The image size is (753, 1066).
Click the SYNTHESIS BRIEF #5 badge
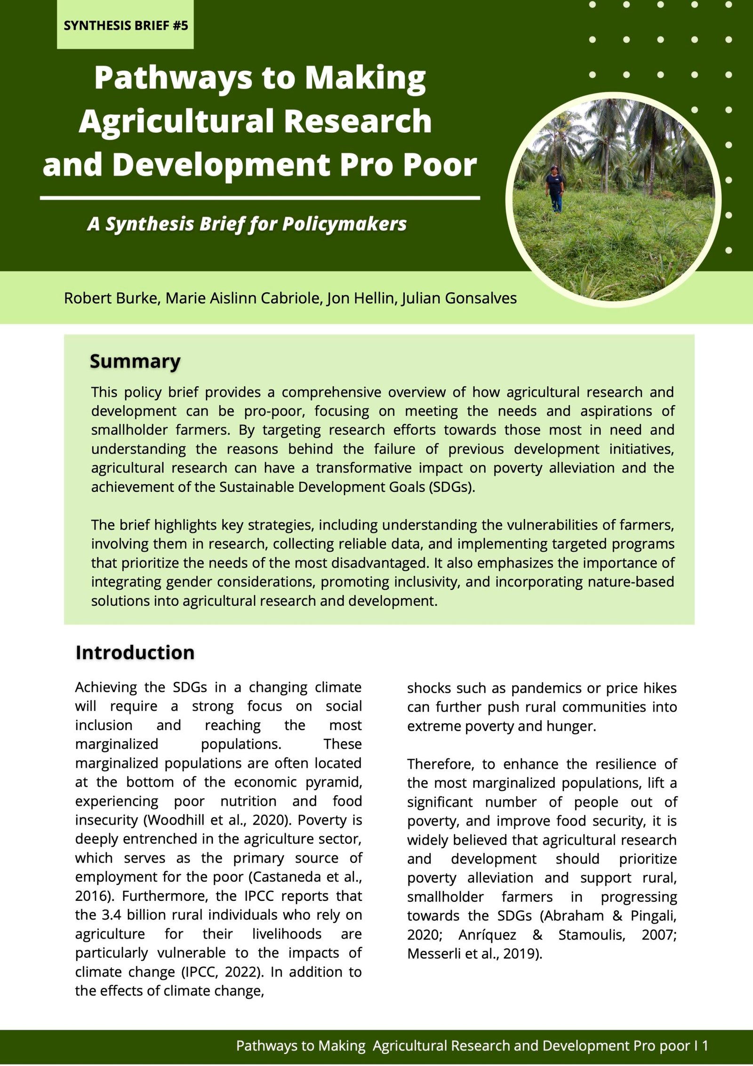click(x=125, y=25)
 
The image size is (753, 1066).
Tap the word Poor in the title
click(x=440, y=165)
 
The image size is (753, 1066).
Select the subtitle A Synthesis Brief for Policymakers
click(x=247, y=224)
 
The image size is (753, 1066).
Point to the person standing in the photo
click(x=555, y=188)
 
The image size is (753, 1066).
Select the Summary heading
click(x=135, y=361)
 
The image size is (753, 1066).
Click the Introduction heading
click(x=135, y=653)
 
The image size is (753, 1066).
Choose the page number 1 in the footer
click(x=705, y=1046)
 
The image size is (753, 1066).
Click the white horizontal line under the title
click(x=260, y=198)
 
